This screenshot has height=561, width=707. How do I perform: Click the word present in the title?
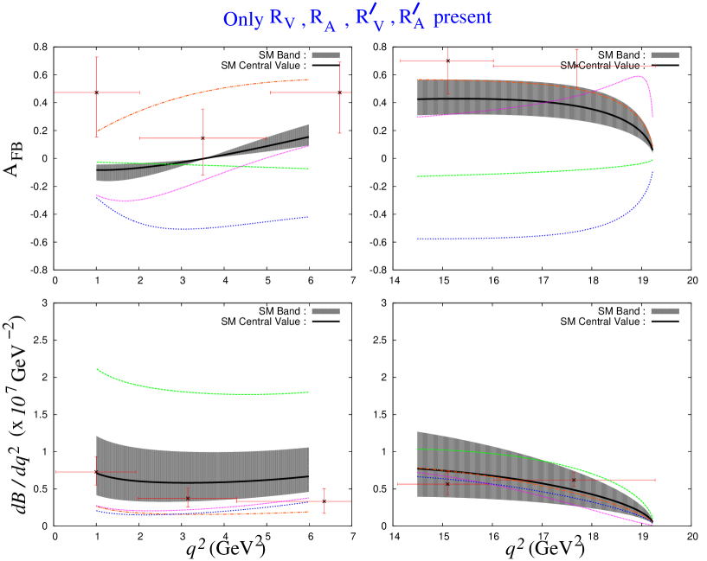pyautogui.click(x=463, y=17)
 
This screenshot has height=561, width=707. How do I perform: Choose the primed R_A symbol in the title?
pyautogui.click(x=414, y=18)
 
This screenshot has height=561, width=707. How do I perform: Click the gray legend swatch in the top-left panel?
pyautogui.click(x=325, y=55)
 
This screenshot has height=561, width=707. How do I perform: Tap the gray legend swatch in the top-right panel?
pyautogui.click(x=665, y=55)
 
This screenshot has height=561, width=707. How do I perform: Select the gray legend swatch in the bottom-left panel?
pyautogui.click(x=325, y=311)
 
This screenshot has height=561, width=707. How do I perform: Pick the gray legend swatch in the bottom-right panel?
pyautogui.click(x=665, y=311)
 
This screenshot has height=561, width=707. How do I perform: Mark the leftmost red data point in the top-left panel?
pyautogui.click(x=96, y=92)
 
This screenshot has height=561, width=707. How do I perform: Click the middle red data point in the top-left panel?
pyautogui.click(x=202, y=138)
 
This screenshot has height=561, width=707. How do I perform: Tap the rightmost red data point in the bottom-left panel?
pyautogui.click(x=325, y=501)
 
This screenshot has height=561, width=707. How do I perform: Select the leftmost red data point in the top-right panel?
pyautogui.click(x=447, y=61)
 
